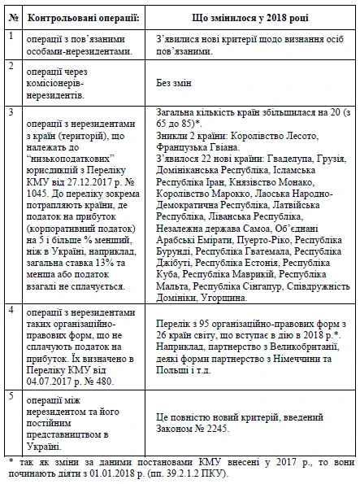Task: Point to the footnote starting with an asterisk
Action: [180, 467]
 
